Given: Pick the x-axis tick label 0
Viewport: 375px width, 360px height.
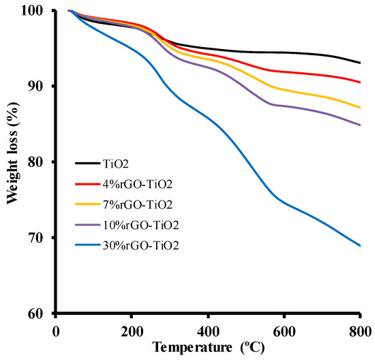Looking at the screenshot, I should coord(55,331).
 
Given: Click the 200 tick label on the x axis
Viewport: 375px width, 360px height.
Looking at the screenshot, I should coord(132,331).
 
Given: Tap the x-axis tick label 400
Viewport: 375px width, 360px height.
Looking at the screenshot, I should coord(208,331).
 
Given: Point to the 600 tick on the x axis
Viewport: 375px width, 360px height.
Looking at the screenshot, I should coord(284,331).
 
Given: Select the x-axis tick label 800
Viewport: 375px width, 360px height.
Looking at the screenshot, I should coord(360,331).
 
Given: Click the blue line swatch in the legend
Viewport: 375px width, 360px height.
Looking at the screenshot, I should coord(88,243).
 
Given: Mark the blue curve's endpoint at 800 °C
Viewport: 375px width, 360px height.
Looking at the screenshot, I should coord(360,245).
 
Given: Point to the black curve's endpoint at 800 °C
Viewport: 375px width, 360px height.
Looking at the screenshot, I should coord(360,63).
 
